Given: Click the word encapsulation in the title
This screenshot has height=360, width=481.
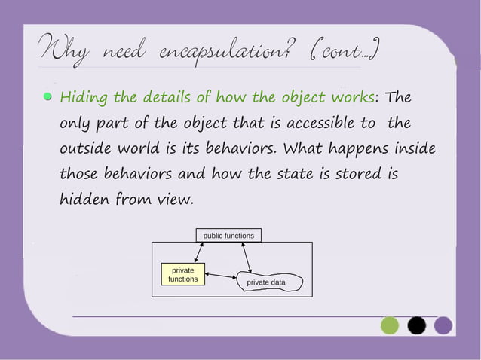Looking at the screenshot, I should coord(223,53).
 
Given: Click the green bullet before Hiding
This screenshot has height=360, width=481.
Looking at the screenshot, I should coord(47,97).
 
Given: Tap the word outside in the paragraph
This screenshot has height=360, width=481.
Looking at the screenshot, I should coord(87,148).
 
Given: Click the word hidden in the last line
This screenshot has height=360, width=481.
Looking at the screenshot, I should coord(85,200).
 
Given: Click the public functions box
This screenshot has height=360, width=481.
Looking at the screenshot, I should coord(228,236).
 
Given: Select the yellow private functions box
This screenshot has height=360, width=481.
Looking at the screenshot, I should coord(183,274).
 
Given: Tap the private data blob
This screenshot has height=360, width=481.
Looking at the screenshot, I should coord(268,282).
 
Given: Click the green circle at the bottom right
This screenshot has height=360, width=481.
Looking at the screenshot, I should coord(389,325).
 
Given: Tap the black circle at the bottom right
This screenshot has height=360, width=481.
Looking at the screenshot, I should coord(416,325).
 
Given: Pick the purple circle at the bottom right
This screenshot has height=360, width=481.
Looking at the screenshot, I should coord(443,325).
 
